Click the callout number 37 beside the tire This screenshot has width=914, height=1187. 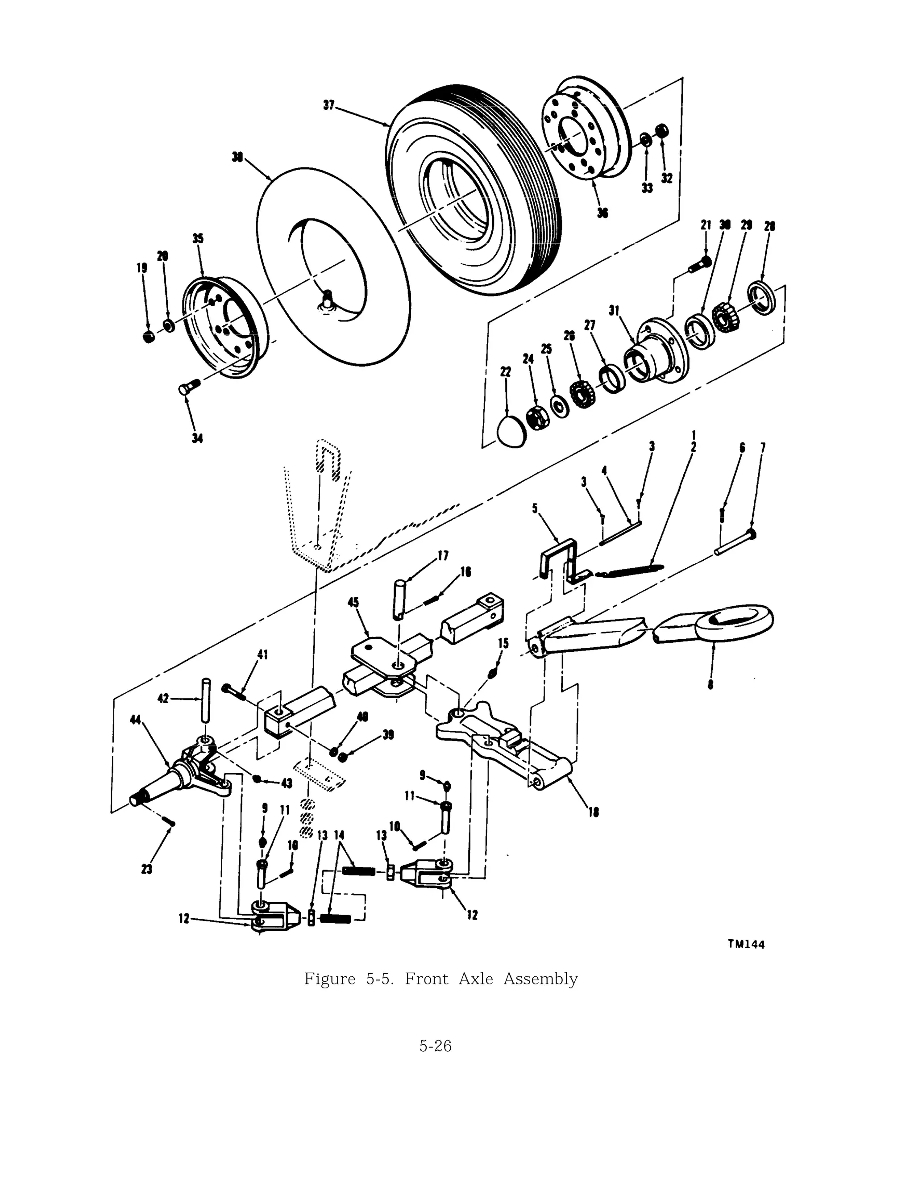tap(329, 105)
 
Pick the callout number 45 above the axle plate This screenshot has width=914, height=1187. tap(353, 603)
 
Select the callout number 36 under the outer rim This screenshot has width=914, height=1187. tap(602, 212)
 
